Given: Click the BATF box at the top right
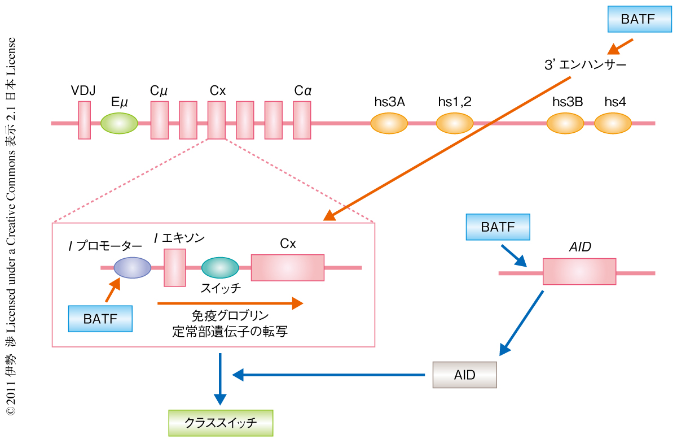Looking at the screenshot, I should (x=638, y=19).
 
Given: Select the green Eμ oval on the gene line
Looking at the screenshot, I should (x=119, y=122).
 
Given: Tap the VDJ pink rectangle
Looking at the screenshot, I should (x=84, y=120).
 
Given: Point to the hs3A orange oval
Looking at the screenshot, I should (x=389, y=123).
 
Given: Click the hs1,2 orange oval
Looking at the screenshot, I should (x=455, y=123).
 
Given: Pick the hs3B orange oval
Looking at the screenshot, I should (x=565, y=123).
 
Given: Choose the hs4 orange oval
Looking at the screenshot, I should (x=613, y=123).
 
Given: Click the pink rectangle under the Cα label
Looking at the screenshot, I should (x=302, y=120).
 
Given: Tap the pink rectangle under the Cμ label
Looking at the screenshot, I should (x=160, y=120).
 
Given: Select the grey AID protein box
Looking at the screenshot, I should (x=464, y=374).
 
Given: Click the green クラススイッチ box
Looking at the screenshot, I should (x=221, y=423).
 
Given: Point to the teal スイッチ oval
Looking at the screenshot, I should (x=220, y=267).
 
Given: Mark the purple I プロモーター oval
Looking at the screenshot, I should (x=132, y=267).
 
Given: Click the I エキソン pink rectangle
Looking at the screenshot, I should (x=175, y=267).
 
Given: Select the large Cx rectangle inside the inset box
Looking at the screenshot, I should (x=288, y=267).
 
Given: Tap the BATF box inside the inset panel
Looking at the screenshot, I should (x=100, y=319).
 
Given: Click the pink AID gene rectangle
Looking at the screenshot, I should (x=579, y=272).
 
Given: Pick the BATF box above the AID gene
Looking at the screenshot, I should (x=498, y=228).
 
